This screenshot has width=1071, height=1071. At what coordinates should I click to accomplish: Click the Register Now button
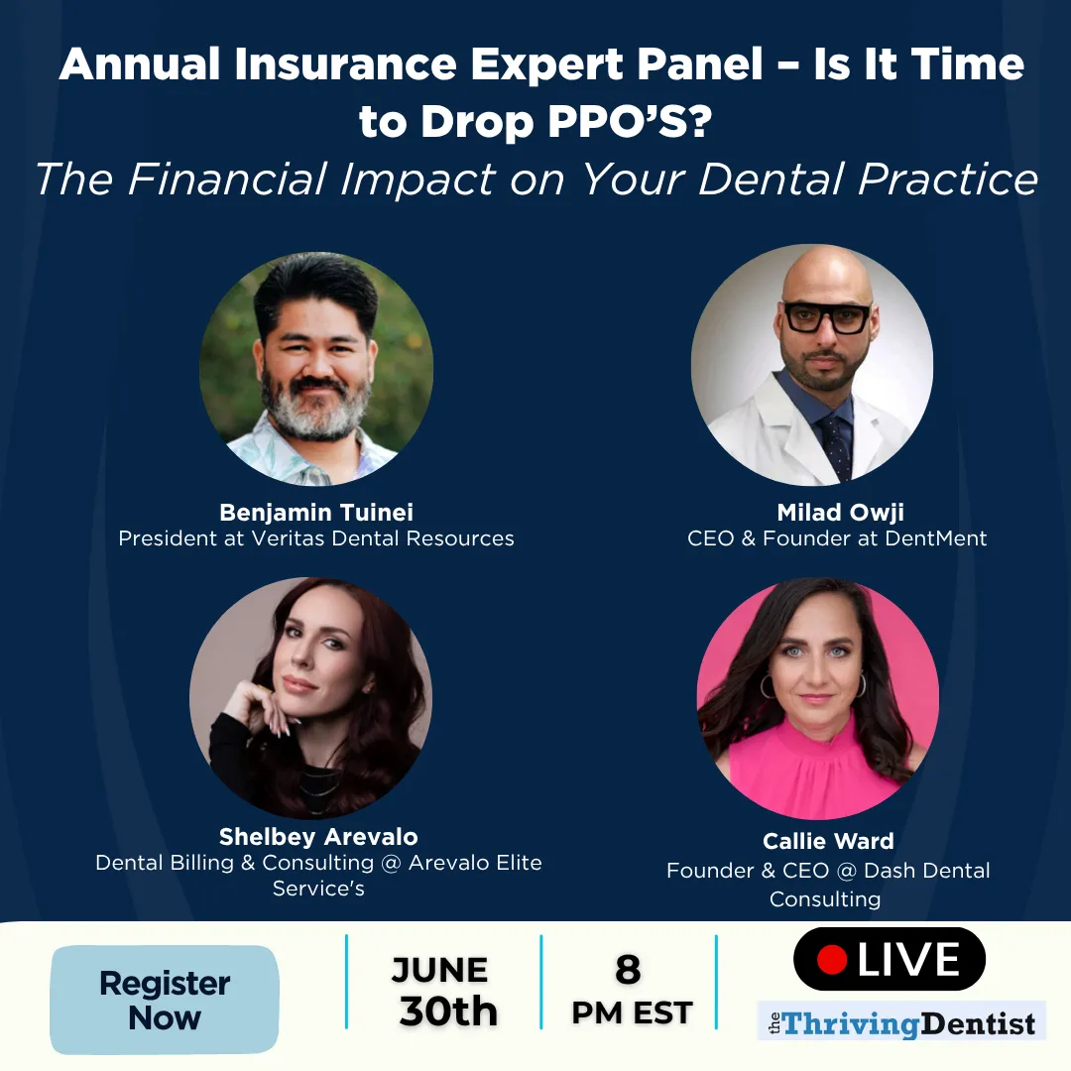[165, 1000]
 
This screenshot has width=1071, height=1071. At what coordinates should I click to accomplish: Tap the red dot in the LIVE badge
[832, 959]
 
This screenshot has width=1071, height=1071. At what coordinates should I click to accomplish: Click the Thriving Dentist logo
[901, 1021]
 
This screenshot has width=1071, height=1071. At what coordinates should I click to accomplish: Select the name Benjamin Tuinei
[316, 513]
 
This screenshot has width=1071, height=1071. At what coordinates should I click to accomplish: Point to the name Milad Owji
[840, 513]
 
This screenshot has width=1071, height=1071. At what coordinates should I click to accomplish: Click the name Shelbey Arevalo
[318, 837]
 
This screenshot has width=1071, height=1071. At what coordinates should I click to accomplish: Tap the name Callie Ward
[828, 841]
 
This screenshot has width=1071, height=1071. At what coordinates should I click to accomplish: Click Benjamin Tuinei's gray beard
[314, 410]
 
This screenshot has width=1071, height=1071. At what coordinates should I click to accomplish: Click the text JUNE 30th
[444, 992]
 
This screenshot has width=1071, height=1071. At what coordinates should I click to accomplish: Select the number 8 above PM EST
[628, 969]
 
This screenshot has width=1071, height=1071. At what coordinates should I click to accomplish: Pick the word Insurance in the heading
[345, 64]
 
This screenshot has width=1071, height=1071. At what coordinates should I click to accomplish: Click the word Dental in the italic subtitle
[773, 178]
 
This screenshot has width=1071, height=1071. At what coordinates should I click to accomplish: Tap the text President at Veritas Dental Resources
[316, 538]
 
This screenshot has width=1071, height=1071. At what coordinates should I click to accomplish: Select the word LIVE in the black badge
[908, 959]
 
